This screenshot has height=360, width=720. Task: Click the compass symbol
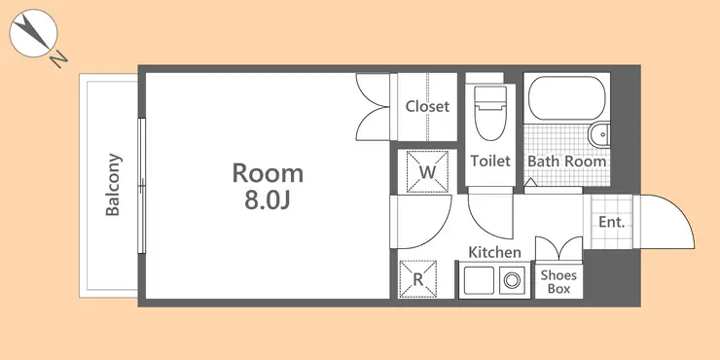(x=33, y=33)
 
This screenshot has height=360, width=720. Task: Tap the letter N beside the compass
(x=58, y=59)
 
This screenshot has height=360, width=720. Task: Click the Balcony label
(x=113, y=185)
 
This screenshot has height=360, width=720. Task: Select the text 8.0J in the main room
(x=268, y=200)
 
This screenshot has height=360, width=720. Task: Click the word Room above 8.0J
(x=268, y=173)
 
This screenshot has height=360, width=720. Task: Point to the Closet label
(x=427, y=106)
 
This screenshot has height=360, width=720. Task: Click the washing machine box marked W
(x=427, y=171)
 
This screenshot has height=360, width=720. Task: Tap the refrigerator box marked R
(x=417, y=279)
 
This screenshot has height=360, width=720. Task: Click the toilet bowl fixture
(x=490, y=113)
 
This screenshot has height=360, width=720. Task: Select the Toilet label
(x=490, y=162)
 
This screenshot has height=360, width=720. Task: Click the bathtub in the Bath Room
(x=566, y=98)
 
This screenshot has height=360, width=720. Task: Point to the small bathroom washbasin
(x=599, y=135)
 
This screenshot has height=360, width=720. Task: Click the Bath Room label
(x=566, y=162)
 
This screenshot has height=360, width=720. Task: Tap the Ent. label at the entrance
(x=612, y=222)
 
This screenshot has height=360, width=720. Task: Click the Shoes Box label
(x=558, y=282)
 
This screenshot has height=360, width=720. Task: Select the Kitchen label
(x=494, y=252)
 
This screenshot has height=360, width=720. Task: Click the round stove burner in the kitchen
(x=512, y=280)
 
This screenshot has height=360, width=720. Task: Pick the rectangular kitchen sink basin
(x=479, y=280)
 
